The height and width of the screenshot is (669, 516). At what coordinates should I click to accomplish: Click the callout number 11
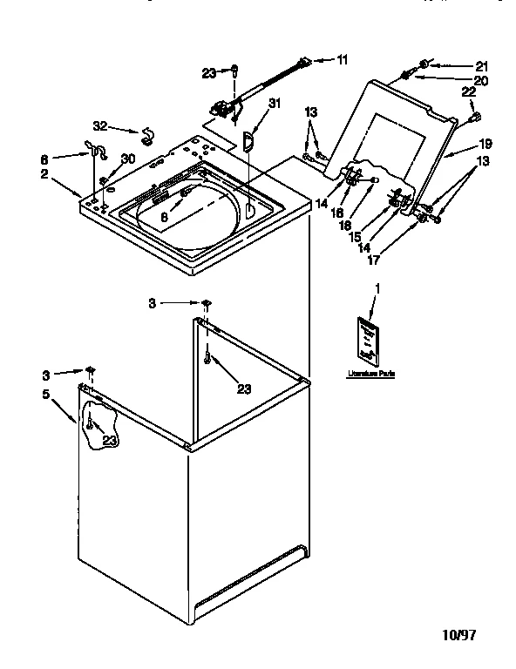pos(343,60)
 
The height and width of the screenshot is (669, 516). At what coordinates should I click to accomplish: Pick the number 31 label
pos(275,104)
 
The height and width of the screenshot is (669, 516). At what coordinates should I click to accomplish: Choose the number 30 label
pos(128,158)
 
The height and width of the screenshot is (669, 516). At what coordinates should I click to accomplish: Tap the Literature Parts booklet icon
pos(368,340)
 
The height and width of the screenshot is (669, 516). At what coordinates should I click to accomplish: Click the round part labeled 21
pos(423,63)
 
